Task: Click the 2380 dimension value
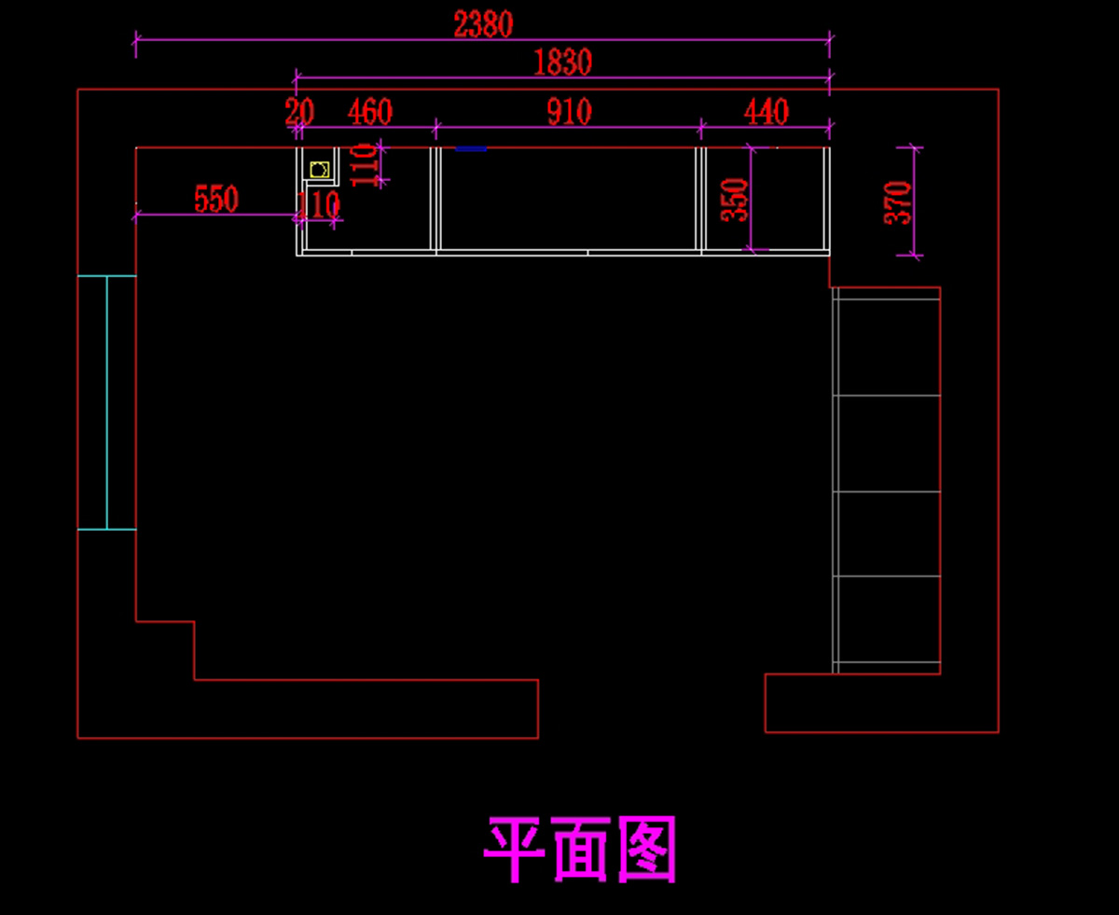(x=483, y=24)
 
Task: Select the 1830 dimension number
(x=562, y=62)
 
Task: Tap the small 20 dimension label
(x=299, y=113)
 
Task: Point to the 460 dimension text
(x=369, y=113)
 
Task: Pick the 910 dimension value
(x=569, y=113)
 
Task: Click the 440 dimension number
(x=766, y=113)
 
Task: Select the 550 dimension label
(x=216, y=199)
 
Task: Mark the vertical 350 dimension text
(x=736, y=199)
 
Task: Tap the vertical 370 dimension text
(x=897, y=201)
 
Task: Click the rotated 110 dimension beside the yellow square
(x=366, y=164)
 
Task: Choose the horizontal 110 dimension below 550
(x=319, y=205)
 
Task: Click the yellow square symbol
(x=319, y=170)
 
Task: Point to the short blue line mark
(x=471, y=148)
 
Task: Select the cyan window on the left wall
(x=106, y=403)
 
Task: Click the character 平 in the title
(x=515, y=850)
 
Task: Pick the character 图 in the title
(x=646, y=850)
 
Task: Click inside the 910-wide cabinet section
(x=569, y=198)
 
